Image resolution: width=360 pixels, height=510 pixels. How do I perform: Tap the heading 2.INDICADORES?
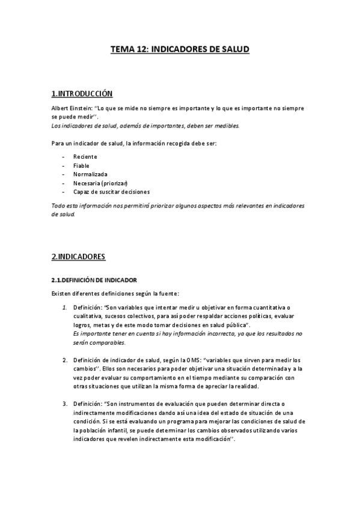tap(78, 257)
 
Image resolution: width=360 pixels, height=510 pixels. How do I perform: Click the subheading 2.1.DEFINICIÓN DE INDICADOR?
tap(94, 280)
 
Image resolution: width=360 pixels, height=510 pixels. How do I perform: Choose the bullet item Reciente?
tap(85, 157)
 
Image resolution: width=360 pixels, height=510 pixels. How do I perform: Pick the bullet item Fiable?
tap(82, 165)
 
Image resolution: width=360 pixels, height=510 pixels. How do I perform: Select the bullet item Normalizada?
tap(91, 174)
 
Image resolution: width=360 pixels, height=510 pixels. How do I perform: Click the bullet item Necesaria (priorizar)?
tap(101, 183)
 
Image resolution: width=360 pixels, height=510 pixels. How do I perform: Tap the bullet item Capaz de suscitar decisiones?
tap(112, 191)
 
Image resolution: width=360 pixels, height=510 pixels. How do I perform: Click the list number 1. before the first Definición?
tap(65, 308)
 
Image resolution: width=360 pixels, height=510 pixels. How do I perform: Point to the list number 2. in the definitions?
tap(65, 360)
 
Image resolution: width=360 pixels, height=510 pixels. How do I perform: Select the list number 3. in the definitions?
tap(65, 405)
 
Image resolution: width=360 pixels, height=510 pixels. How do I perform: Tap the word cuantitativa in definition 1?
tap(261, 308)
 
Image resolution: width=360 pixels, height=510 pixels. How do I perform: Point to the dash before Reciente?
tap(64, 157)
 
